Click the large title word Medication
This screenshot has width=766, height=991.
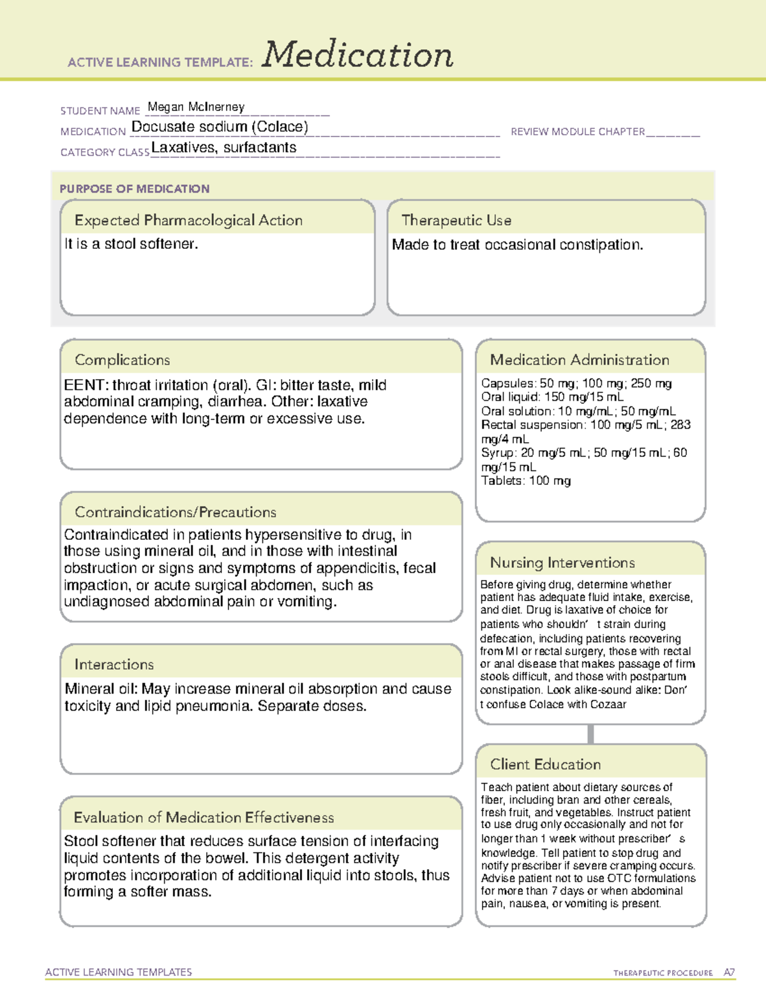coord(357,55)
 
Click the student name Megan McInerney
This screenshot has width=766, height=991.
coord(196,107)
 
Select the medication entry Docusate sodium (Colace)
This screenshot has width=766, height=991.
coord(220,127)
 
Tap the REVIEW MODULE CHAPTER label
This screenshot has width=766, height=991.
coord(577,131)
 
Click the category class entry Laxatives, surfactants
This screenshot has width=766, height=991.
coord(223,147)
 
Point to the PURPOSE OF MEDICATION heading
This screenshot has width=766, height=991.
coord(134,189)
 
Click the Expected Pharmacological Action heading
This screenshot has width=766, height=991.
coord(188,220)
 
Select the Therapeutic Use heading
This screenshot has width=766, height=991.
coord(456,220)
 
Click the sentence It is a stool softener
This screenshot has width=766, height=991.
coord(131,244)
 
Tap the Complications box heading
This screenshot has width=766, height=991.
coord(122,360)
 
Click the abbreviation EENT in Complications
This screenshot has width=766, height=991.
coord(84,385)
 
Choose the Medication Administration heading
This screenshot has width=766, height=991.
coord(579,360)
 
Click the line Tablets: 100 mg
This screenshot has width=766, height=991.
coord(525,481)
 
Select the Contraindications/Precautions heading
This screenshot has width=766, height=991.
coord(175,512)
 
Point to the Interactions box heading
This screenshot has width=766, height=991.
coord(114,664)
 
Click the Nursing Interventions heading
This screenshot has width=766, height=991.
coord(562,562)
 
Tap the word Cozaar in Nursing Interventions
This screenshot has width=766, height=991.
coord(608,704)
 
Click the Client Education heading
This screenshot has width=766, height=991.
coord(545,764)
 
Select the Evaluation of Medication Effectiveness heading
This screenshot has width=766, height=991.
coord(204,817)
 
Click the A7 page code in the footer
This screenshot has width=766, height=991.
coord(729,972)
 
